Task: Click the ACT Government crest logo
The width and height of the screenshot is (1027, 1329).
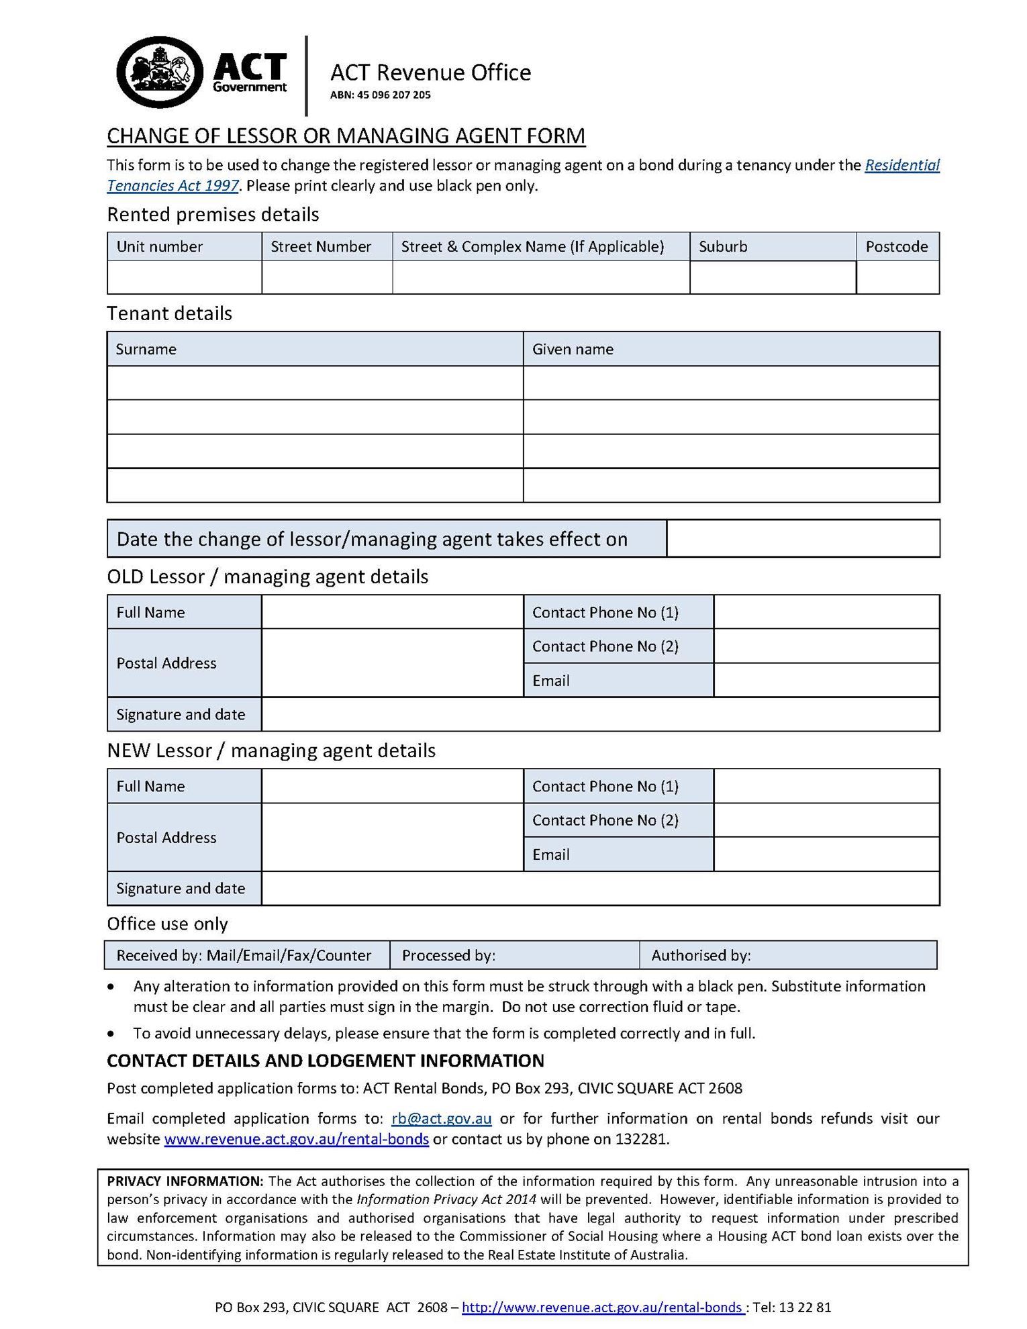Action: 160,72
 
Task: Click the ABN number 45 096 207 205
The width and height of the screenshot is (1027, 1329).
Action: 380,95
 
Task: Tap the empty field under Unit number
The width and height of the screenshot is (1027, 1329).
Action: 184,277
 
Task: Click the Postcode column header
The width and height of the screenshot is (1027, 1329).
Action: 897,246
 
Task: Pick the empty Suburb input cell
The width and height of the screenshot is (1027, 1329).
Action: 773,277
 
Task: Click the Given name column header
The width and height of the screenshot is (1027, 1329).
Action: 573,349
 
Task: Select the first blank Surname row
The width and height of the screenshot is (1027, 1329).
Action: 315,383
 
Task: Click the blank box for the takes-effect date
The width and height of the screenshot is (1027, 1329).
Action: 803,538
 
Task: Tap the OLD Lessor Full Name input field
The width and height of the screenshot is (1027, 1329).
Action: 392,611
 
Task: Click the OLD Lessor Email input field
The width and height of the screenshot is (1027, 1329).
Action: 826,680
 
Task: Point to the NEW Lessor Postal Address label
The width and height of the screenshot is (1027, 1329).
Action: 166,837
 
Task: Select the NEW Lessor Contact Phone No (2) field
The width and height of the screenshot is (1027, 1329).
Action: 826,820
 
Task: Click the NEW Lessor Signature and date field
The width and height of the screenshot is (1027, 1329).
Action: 600,888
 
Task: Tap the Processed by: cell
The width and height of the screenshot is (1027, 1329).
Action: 514,955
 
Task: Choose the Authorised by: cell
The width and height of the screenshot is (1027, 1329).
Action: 788,955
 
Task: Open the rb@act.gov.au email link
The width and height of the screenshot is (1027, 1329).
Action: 441,1118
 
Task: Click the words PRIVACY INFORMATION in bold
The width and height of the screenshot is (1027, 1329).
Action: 185,1181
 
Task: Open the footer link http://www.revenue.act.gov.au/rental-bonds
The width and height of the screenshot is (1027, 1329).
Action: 602,1307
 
